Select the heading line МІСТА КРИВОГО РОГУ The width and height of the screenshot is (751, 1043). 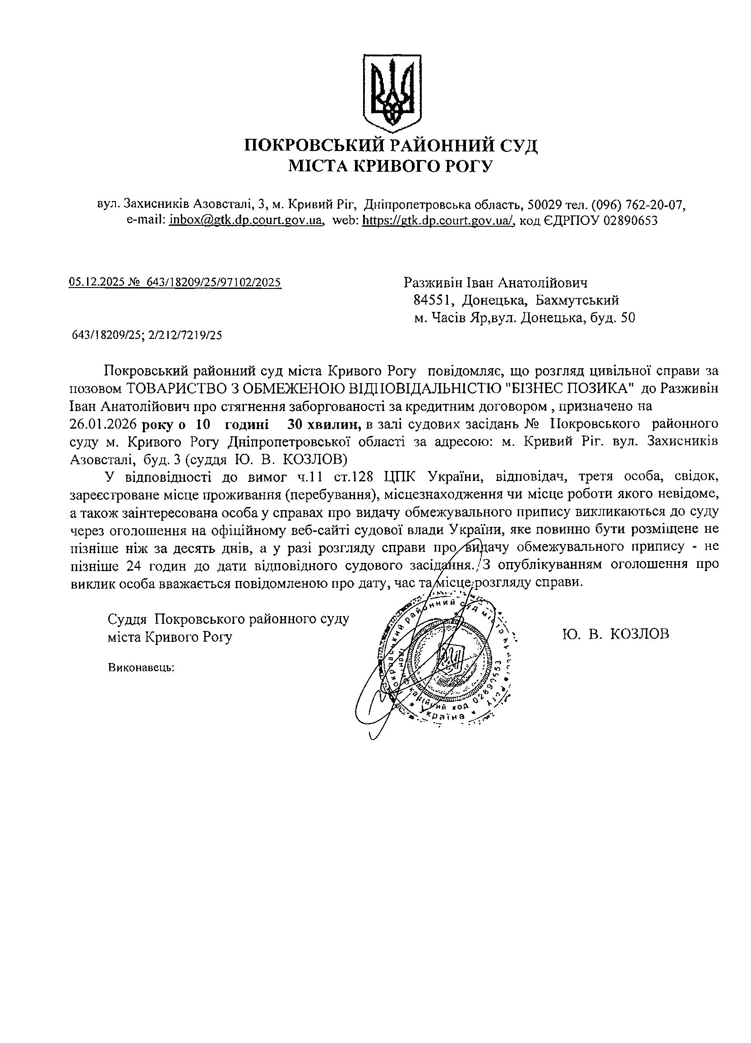coord(390,166)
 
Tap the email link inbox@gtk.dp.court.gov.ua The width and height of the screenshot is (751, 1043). coord(245,220)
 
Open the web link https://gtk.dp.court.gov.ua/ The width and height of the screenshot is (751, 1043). coord(438,220)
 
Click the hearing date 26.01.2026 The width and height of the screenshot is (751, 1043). coord(104,423)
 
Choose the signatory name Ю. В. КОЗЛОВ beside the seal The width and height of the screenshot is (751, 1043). coord(615,634)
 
